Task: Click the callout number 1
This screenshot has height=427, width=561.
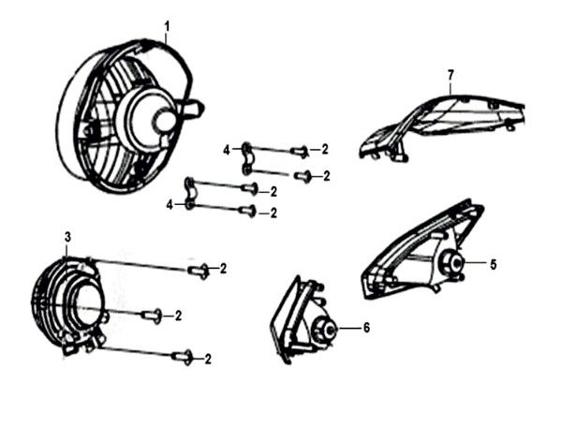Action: [x=167, y=27]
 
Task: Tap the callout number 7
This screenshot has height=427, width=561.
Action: [x=450, y=75]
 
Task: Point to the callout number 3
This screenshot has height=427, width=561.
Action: [x=67, y=237]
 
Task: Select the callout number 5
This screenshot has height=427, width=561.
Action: [x=493, y=265]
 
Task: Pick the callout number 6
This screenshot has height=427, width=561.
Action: [x=366, y=327]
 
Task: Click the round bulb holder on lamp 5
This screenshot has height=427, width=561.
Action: [x=452, y=262]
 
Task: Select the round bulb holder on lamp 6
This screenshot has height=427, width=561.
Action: [x=324, y=331]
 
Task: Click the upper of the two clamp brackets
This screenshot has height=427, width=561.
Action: [x=246, y=158]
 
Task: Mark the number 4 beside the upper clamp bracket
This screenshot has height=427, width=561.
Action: [x=227, y=151]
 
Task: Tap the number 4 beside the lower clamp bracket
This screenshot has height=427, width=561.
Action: [x=170, y=205]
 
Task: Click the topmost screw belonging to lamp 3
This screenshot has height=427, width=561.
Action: [x=199, y=271]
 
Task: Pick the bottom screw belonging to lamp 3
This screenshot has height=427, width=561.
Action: [x=183, y=357]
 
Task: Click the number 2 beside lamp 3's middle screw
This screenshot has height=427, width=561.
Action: [x=178, y=316]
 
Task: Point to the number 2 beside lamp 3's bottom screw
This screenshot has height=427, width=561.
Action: [x=208, y=359]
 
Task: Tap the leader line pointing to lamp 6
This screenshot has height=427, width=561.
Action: [x=347, y=328]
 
